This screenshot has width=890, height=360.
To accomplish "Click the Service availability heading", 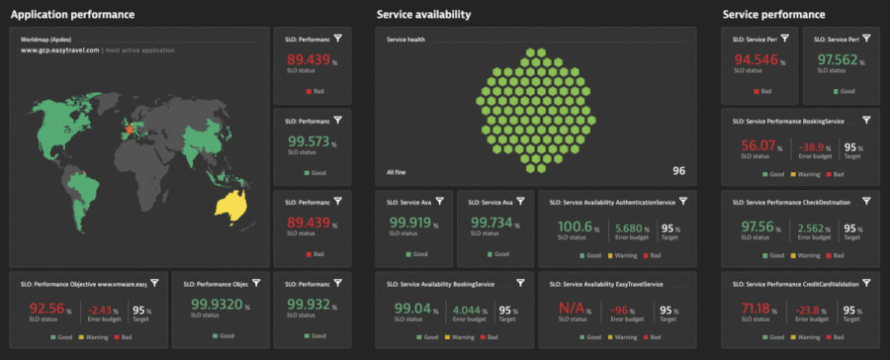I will [423, 15].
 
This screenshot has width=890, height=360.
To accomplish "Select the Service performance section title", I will [773, 15].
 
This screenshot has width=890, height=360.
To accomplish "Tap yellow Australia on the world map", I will [230, 205].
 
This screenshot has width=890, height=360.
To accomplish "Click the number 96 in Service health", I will [678, 171].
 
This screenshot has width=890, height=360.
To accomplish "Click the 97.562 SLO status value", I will [840, 60].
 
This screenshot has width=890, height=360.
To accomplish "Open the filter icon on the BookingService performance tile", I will [866, 120].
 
